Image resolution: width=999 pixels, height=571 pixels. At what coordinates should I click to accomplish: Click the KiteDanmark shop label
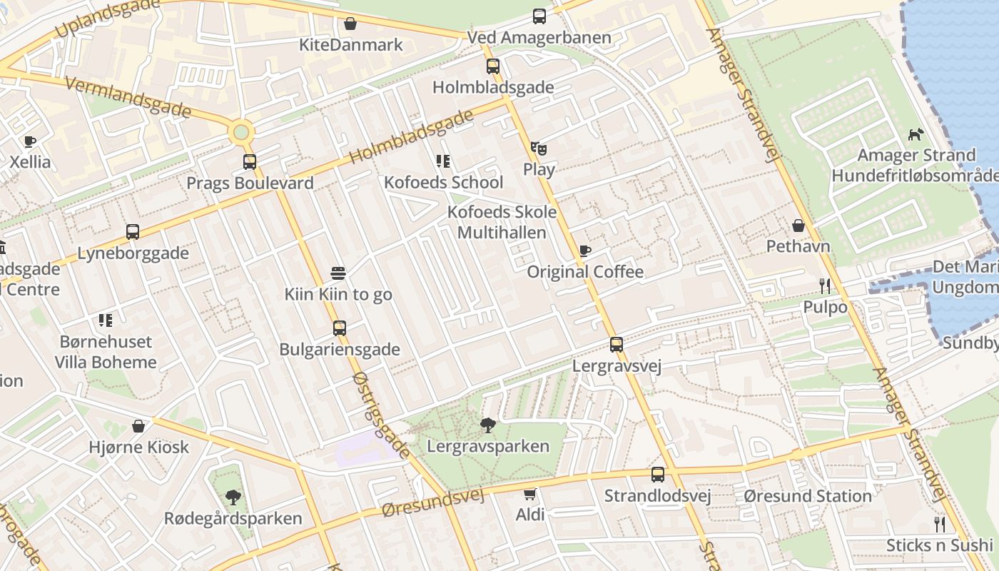click(351, 45)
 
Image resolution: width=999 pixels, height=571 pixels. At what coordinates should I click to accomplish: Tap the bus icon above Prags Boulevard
click(250, 162)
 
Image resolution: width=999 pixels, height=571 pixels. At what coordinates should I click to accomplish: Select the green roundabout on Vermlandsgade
click(241, 132)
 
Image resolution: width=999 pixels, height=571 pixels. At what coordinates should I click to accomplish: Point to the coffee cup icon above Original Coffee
click(585, 251)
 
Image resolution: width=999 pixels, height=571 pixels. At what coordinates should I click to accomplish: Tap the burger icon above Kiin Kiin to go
click(338, 273)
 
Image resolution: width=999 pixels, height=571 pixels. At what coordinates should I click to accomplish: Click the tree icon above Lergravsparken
click(488, 426)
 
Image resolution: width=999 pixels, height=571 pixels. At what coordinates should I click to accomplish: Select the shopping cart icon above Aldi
click(529, 494)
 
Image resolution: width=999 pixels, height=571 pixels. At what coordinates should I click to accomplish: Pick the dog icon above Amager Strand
click(916, 134)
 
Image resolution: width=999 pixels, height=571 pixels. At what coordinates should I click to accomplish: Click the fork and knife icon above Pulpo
click(825, 286)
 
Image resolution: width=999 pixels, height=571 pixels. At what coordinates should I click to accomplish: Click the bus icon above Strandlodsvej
click(658, 475)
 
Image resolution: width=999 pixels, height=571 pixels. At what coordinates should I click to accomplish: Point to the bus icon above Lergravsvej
click(617, 345)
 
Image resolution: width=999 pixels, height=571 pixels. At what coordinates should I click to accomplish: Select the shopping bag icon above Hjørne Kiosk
click(138, 426)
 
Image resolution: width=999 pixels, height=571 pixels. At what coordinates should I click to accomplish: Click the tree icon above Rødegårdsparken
click(233, 497)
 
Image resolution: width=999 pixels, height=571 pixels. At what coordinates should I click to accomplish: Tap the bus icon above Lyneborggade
click(133, 232)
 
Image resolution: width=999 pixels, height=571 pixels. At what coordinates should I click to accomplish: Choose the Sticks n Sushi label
click(939, 546)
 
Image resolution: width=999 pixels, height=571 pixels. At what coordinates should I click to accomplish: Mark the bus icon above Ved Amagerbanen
click(539, 16)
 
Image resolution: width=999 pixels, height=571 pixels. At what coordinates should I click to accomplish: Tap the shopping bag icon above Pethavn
click(798, 226)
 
